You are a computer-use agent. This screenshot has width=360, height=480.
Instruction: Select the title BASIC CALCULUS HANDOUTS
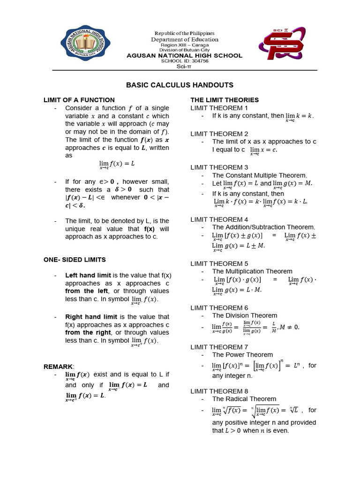click(x=180, y=85)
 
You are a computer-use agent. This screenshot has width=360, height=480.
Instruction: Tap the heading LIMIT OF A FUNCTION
click(x=79, y=100)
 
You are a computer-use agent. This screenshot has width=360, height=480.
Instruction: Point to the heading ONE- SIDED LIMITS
click(x=75, y=259)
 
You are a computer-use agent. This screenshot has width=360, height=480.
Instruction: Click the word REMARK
click(x=58, y=366)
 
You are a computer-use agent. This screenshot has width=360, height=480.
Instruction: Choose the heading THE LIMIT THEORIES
click(x=224, y=100)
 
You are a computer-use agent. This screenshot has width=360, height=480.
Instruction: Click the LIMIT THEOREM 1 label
click(x=216, y=108)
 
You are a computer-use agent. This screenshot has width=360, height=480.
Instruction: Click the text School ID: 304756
click(x=185, y=61)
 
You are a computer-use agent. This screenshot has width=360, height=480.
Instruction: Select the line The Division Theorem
click(x=244, y=315)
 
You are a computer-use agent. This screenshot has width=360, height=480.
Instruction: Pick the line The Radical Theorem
click(x=244, y=399)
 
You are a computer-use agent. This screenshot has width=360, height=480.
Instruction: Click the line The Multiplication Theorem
click(x=252, y=271)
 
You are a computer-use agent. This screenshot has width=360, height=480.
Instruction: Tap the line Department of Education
click(x=184, y=39)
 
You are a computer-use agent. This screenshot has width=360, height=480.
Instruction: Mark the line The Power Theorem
click(x=242, y=355)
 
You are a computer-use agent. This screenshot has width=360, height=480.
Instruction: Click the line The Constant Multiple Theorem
click(x=259, y=175)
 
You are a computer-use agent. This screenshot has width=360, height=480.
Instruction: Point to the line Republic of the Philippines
click(x=184, y=33)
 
